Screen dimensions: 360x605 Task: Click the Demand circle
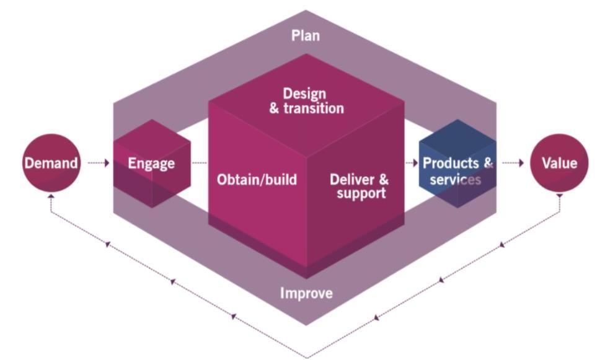click(51, 164)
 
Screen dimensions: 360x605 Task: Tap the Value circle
click(559, 164)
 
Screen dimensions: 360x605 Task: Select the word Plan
click(306, 35)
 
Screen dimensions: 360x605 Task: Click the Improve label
click(306, 292)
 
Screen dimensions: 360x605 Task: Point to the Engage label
click(151, 164)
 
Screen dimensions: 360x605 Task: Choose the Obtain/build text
click(257, 180)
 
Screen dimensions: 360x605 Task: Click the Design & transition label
click(306, 101)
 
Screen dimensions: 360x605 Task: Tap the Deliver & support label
click(359, 186)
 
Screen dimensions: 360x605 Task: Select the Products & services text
click(457, 171)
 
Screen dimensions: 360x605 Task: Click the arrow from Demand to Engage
click(99, 164)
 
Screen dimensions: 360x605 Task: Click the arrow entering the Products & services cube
click(411, 164)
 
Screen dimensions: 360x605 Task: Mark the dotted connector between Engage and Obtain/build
click(199, 164)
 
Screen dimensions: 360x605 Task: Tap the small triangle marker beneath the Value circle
click(559, 196)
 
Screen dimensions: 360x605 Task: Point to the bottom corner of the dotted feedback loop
click(306, 357)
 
